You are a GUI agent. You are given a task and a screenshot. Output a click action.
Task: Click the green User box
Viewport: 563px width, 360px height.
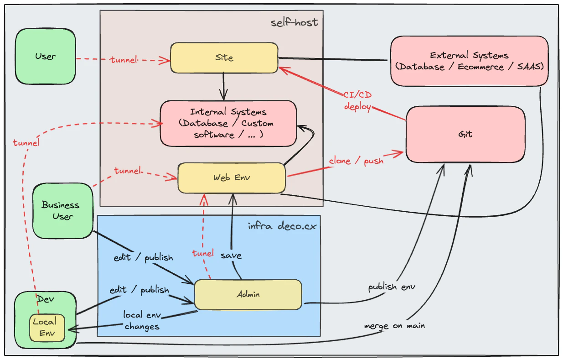(45, 57)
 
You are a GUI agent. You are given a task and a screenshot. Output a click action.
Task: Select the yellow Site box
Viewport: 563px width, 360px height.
(224, 58)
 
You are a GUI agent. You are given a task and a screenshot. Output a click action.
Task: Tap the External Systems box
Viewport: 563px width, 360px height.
(469, 61)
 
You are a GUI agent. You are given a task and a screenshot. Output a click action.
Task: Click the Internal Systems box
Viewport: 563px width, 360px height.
(228, 123)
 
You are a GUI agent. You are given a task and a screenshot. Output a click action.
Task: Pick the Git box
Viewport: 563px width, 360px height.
(465, 134)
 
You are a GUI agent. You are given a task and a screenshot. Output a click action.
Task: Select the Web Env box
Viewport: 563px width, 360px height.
(231, 177)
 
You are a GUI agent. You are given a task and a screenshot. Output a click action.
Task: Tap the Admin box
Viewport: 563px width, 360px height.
(248, 294)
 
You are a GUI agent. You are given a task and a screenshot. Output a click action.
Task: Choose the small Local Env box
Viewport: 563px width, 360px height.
(47, 327)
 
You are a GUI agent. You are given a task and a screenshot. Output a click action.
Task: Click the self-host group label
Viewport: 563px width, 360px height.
(294, 22)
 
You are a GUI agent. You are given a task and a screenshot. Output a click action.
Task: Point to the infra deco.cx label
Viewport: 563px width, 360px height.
(282, 226)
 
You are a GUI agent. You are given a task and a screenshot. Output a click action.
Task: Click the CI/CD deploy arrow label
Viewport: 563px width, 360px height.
(358, 101)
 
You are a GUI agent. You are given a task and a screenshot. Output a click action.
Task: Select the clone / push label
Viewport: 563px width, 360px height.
(356, 161)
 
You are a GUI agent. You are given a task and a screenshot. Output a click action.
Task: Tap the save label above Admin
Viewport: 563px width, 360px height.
(231, 256)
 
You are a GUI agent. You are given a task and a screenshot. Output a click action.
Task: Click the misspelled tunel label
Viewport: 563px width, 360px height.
(203, 253)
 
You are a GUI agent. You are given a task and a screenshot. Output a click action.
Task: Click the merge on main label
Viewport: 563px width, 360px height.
(394, 326)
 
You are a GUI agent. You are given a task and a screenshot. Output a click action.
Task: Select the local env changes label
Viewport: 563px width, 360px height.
(142, 321)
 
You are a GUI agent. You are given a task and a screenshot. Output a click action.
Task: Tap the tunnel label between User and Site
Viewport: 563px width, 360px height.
(123, 60)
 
